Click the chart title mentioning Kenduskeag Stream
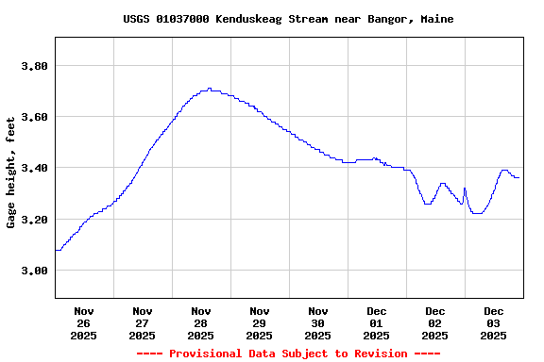pos(288,19)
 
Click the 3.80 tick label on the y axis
pos(34,66)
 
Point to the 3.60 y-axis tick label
pos(34,117)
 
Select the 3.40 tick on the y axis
pos(34,168)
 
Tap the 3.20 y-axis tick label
pos(34,220)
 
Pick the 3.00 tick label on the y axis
pos(34,271)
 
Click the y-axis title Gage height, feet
pos(11,173)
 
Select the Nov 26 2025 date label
pos(84,322)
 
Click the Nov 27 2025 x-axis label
pos(143,322)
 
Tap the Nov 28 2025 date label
pos(201,322)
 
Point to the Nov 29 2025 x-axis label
pos(260,322)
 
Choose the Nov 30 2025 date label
pos(318,322)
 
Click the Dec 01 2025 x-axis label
pos(377,322)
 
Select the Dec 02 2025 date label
pos(435,322)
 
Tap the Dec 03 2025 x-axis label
pos(494,322)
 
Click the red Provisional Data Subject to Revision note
pos(288,354)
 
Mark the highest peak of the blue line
pos(209,89)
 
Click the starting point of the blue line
pos(56,250)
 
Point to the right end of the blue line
pos(518,177)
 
